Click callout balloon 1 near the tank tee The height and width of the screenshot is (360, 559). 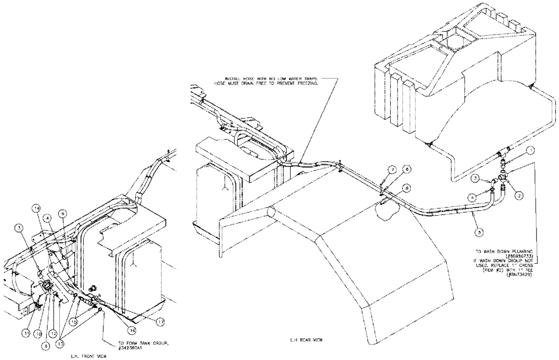pos(529,150)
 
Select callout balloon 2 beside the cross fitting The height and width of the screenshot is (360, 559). pos(519,195)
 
